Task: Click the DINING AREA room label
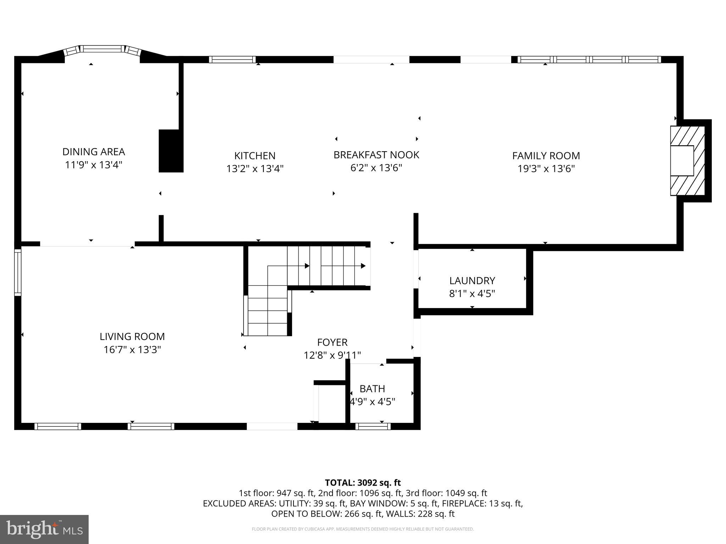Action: pos(94,152)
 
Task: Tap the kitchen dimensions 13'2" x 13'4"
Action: pos(255,169)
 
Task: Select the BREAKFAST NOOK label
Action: pos(376,155)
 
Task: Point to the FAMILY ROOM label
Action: pos(546,155)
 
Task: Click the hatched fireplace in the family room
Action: pos(687,160)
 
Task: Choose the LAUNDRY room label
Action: pos(472,280)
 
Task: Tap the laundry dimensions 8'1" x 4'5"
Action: pos(472,294)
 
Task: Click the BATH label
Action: pos(372,389)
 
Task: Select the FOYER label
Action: pos(332,342)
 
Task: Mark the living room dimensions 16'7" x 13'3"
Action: pos(132,350)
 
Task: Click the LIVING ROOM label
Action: pos(132,336)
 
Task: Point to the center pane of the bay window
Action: pos(102,49)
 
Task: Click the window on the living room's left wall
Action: pos(17,272)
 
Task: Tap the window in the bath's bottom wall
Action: pos(373,426)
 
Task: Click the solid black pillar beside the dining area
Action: pos(171,151)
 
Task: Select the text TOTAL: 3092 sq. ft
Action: pos(363,482)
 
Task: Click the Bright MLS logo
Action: pos(44,529)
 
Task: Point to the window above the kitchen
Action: pos(232,59)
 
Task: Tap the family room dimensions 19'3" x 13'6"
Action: pos(546,169)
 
